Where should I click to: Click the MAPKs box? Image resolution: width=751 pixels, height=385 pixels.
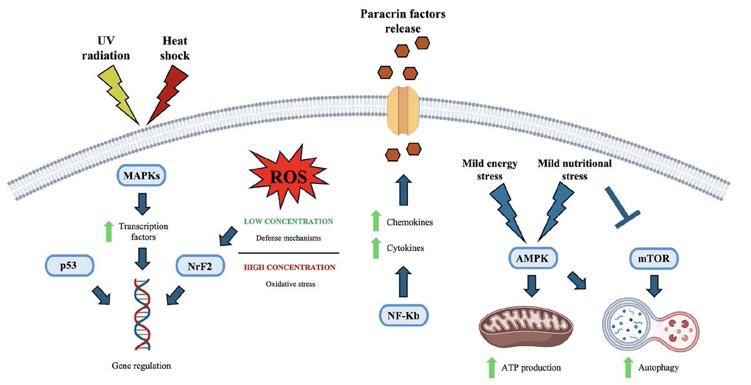click(141, 175)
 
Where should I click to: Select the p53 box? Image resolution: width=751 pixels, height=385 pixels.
click(69, 265)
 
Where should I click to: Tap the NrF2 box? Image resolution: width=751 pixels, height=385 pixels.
click(200, 266)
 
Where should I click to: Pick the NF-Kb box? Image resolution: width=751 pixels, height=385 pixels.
click(404, 316)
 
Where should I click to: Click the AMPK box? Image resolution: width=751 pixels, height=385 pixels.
click(533, 258)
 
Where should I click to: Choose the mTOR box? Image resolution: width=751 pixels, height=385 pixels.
click(654, 259)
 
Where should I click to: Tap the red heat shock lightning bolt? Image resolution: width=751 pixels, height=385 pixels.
click(168, 95)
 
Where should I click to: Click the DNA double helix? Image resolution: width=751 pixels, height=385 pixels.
click(142, 314)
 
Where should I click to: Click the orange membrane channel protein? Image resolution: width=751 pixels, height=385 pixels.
click(403, 110)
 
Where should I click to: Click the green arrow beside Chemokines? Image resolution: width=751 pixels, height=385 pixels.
click(376, 220)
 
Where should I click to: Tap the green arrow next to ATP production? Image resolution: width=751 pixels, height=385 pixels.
click(491, 367)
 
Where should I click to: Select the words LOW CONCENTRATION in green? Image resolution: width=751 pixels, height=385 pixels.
click(289, 222)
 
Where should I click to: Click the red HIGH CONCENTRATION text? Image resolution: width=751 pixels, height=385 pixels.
click(289, 267)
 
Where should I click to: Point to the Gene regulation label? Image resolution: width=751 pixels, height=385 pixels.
click(141, 366)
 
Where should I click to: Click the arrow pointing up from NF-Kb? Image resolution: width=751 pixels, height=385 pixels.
click(403, 282)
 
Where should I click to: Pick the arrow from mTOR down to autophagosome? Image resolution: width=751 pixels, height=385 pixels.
click(654, 286)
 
